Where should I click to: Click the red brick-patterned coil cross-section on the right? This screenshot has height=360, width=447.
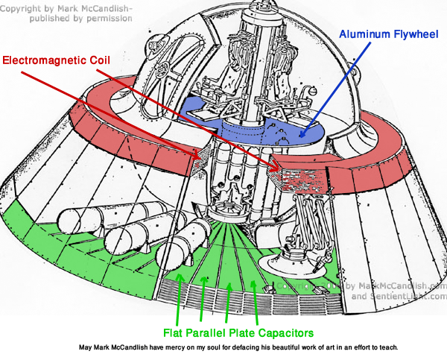tap(298, 174)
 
